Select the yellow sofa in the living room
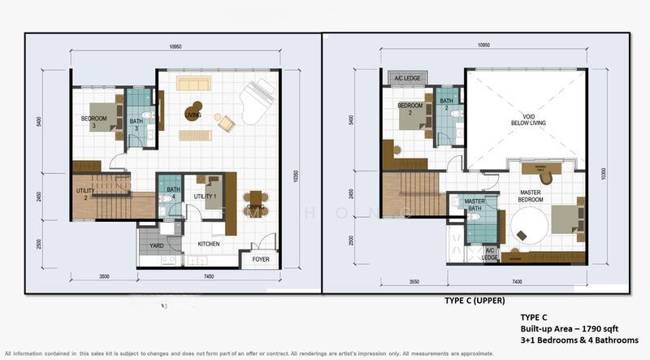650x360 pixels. [193, 84]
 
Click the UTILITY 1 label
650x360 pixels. [204, 196]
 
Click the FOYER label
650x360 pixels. [260, 259]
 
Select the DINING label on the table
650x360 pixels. [256, 206]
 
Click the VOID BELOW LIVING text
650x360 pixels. [524, 119]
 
